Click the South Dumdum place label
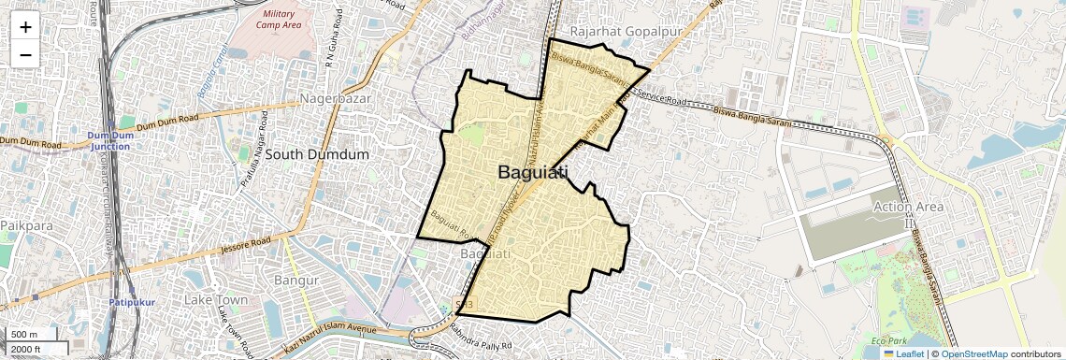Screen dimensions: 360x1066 [317, 153]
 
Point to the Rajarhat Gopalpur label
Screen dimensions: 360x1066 [623, 30]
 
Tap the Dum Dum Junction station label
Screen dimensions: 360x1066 [109, 140]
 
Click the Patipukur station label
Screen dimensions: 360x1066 [124, 302]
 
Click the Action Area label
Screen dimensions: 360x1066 [908, 206]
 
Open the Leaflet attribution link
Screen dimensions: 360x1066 [905, 353]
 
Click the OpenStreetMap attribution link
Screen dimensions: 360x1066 [974, 353]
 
